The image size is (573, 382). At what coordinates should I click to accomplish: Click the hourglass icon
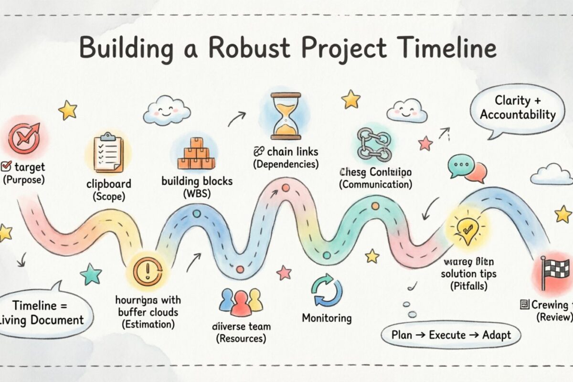[286, 116]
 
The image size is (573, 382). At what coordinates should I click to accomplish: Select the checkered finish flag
[556, 272]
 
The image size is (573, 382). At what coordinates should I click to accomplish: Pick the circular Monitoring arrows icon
[327, 290]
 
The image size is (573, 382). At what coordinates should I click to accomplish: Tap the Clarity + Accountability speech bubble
[518, 109]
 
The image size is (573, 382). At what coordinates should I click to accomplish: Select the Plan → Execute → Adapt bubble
[450, 335]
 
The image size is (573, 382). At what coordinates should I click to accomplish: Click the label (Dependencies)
[286, 164]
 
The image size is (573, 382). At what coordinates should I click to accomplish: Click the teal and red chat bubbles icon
[467, 169]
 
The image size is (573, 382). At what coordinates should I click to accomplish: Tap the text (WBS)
[196, 194]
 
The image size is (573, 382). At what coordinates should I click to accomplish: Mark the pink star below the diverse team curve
[284, 273]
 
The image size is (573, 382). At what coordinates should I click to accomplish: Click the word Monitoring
[327, 318]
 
